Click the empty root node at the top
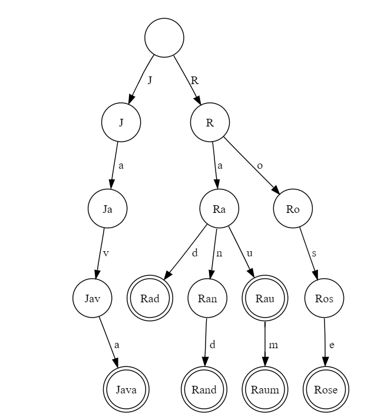(164, 38)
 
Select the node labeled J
(121, 122)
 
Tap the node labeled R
(210, 122)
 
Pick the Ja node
(107, 208)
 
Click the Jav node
(92, 298)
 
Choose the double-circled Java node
(126, 389)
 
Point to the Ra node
(219, 208)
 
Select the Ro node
(293, 208)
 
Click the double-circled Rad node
(150, 298)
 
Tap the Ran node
(207, 298)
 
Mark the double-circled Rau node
(264, 298)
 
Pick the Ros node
(324, 298)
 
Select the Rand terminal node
(204, 389)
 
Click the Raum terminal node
(265, 389)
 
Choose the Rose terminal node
(326, 389)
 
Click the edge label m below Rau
(273, 345)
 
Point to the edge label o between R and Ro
(260, 166)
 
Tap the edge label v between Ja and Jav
(106, 254)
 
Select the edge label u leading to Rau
(249, 254)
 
